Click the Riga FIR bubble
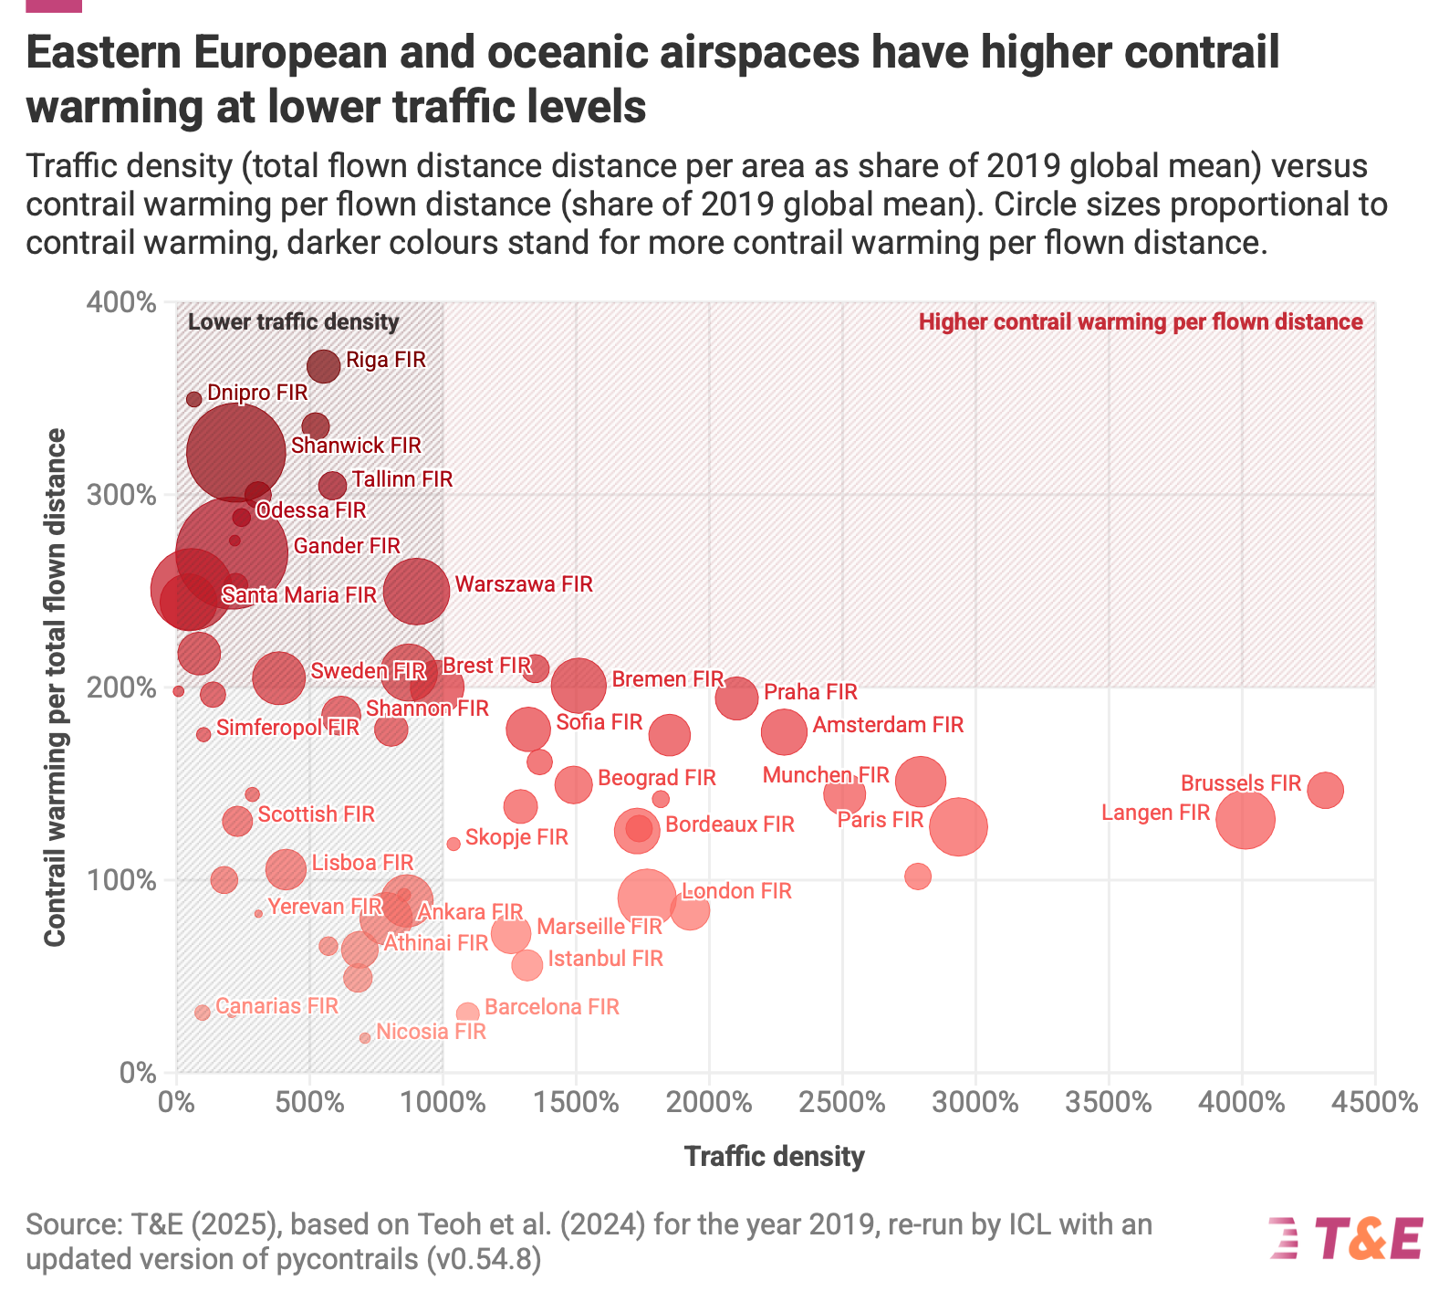coord(324,366)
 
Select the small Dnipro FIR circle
coord(193,399)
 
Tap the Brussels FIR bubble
coord(1325,790)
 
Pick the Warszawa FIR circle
coord(416,591)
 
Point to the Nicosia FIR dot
coord(365,1037)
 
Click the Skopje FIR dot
coord(453,844)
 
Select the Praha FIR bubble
coord(736,698)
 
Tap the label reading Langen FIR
coord(1155,813)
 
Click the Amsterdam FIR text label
coord(888,725)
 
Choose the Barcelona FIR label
coord(552,1007)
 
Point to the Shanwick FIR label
coord(356,446)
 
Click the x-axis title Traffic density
coord(774,1157)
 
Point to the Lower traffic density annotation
coord(293,321)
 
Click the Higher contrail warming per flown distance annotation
coord(1141,321)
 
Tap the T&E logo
coord(1346,1239)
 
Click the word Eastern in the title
coord(102,52)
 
